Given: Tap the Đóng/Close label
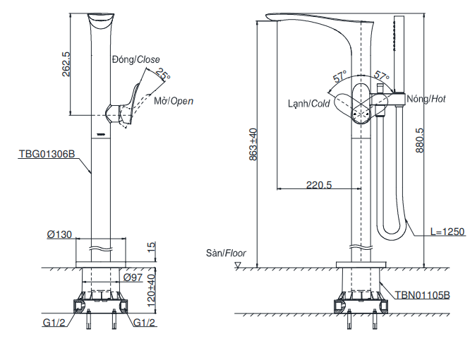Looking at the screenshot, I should [136, 59].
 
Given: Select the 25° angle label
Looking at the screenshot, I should [164, 74].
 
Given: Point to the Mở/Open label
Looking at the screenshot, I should [174, 102].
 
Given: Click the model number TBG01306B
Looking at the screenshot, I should [47, 152].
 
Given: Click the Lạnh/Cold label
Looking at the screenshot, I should [308, 103].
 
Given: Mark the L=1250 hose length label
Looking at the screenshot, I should [448, 232].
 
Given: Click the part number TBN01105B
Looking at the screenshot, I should [422, 295].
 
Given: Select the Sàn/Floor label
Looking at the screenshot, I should [221, 252].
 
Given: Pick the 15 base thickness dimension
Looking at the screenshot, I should [150, 246].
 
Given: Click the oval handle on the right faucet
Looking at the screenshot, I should [361, 102].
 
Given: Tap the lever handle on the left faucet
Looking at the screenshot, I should [127, 106].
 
